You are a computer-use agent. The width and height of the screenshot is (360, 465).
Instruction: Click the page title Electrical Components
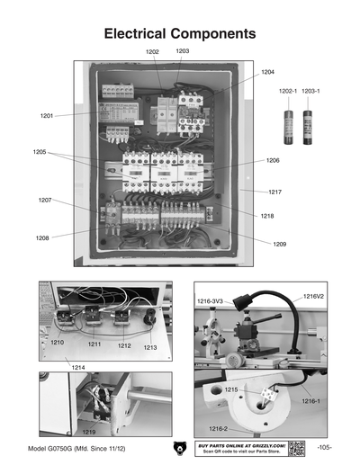point(180,33)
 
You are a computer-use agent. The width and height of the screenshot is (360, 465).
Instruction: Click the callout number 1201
point(47,116)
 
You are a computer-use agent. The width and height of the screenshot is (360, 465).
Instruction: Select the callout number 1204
point(267,71)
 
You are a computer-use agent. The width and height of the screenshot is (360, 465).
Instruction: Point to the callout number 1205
point(40,152)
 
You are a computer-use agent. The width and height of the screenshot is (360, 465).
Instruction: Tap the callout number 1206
point(273,160)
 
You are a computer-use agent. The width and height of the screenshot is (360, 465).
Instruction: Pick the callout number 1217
point(274,192)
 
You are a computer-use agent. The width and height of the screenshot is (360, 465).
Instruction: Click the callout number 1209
point(280,244)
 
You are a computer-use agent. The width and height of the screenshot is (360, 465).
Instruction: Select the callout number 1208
point(42,237)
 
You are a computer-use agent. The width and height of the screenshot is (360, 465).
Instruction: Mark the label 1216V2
point(313,296)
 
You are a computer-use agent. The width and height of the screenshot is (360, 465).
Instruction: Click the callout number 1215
point(231,389)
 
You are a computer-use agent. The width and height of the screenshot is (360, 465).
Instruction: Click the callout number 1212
point(124,345)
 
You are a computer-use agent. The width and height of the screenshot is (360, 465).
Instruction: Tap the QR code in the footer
point(297,448)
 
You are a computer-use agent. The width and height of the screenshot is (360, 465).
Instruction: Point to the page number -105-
point(325,448)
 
